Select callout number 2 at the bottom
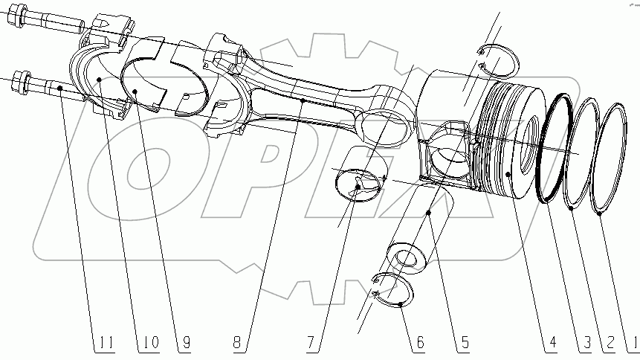pyautogui.click(x=609, y=343)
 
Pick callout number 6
pyautogui.click(x=420, y=343)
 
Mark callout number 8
pyautogui.click(x=236, y=343)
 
